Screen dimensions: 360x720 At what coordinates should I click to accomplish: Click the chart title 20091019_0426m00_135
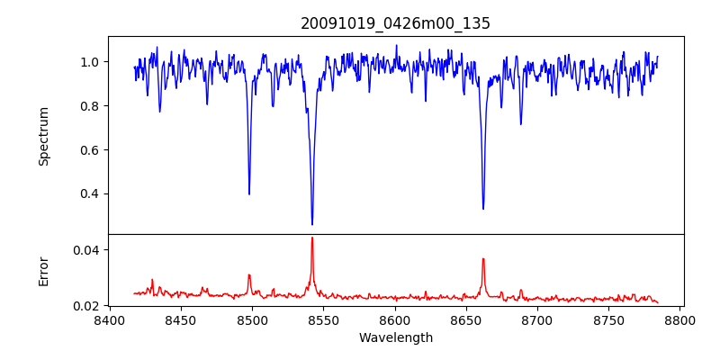pos(395,23)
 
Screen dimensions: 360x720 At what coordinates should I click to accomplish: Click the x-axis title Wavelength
pos(395,337)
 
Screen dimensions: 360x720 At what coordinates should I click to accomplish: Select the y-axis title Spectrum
pos(43,136)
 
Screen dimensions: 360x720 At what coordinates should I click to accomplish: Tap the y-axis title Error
pos(43,270)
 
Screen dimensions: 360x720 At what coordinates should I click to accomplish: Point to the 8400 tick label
pos(109,319)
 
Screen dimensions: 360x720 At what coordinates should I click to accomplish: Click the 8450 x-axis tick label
pos(180,319)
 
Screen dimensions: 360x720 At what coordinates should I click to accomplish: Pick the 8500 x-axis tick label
pos(252,319)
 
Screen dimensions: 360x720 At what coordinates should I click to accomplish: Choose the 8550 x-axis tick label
pos(323,319)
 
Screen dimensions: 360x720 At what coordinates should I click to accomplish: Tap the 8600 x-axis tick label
pos(395,319)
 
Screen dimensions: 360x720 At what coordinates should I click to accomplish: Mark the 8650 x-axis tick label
pos(466,319)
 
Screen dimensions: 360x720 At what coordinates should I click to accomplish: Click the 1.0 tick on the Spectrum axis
pos(90,62)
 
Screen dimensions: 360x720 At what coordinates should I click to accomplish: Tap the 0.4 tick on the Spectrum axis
pos(90,193)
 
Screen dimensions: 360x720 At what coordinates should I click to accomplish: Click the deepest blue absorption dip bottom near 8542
pos(312,224)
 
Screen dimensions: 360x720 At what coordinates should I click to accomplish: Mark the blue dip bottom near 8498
pos(249,193)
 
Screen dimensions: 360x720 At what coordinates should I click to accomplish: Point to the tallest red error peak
pos(312,238)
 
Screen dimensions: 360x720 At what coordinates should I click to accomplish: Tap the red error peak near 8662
pos(483,259)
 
